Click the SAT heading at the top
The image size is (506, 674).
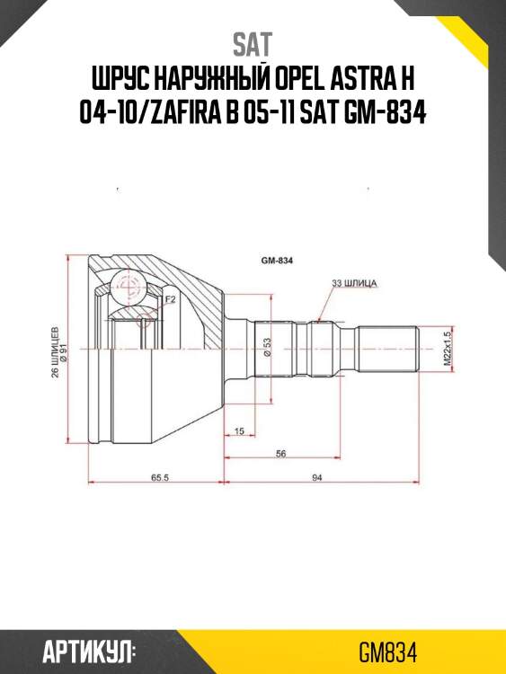(253, 43)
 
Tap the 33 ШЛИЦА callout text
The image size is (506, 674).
(354, 283)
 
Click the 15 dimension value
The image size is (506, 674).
(238, 432)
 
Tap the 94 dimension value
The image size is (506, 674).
(316, 478)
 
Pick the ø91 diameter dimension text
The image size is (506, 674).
(66, 364)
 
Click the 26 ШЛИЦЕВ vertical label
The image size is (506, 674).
(55, 350)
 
